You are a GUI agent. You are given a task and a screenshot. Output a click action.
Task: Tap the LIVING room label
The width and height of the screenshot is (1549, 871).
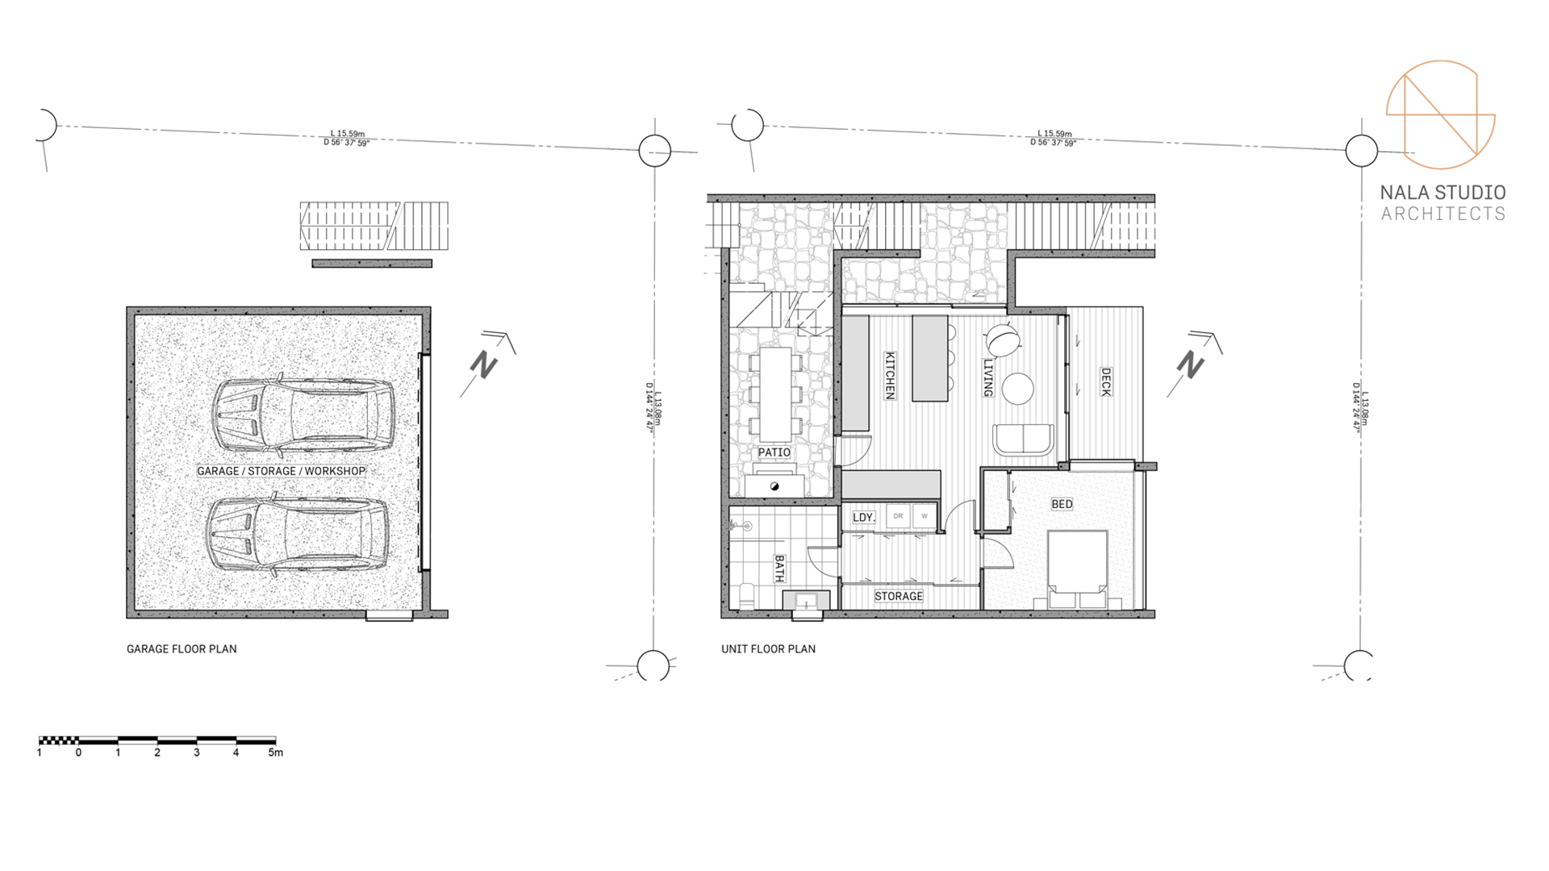click(x=987, y=377)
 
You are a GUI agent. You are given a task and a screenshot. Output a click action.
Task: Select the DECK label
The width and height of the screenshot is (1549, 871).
click(x=1106, y=381)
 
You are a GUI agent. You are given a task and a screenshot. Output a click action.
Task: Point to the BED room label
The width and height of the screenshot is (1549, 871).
click(x=1062, y=504)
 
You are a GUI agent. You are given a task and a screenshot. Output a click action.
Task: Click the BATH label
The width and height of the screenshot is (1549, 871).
click(x=779, y=568)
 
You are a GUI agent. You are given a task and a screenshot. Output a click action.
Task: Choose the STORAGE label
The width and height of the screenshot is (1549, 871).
click(x=899, y=596)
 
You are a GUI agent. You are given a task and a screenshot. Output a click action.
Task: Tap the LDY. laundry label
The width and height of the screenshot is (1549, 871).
click(x=863, y=517)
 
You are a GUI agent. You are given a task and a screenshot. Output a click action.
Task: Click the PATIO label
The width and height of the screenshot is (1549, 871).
click(x=774, y=452)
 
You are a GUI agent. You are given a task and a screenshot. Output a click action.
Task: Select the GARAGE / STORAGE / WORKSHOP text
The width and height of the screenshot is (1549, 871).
click(x=281, y=471)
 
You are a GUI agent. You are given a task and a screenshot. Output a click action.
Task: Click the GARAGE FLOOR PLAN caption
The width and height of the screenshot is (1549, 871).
click(x=182, y=648)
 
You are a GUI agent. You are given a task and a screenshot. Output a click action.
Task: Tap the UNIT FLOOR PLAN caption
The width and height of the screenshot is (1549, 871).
click(x=768, y=648)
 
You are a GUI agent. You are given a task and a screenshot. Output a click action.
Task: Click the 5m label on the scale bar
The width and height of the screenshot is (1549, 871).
click(x=275, y=752)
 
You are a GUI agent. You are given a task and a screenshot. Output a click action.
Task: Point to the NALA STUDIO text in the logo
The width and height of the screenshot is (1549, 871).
click(x=1443, y=193)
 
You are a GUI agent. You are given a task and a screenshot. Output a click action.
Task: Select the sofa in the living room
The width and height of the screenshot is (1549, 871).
click(x=1023, y=440)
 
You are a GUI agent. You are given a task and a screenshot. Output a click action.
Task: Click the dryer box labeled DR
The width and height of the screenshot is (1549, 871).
click(x=898, y=516)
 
